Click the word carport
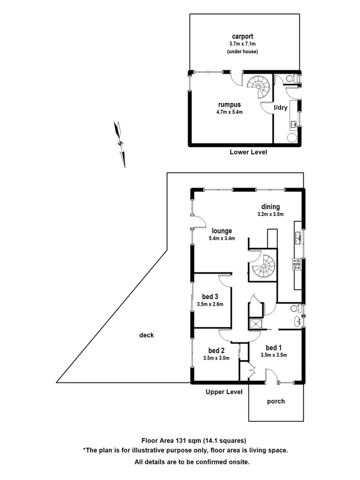(x=235, y=37)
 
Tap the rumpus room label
(x=227, y=105)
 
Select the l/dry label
(x=281, y=108)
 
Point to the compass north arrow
(x=121, y=143)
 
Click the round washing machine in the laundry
(x=292, y=137)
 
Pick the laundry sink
(x=293, y=124)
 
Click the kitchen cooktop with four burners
(x=296, y=262)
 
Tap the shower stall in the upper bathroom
(x=255, y=325)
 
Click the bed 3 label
(x=210, y=297)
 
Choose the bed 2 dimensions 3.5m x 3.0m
(x=216, y=358)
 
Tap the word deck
(x=146, y=335)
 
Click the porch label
(x=276, y=401)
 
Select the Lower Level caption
(x=248, y=152)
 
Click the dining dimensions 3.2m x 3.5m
(x=270, y=214)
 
